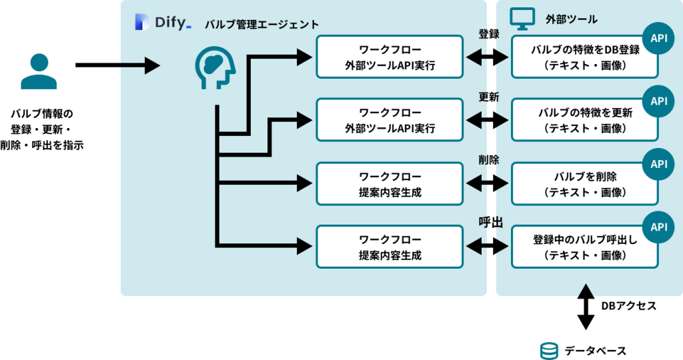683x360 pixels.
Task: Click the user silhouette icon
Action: click(x=39, y=71)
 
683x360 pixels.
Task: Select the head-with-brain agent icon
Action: click(x=215, y=67)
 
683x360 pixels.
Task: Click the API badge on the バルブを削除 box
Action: click(x=658, y=164)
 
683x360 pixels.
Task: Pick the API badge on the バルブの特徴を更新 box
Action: click(x=658, y=101)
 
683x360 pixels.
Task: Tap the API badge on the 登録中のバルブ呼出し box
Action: click(x=658, y=227)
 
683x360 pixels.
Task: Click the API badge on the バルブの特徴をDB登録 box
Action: click(x=658, y=38)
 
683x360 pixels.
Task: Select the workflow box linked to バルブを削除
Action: click(x=390, y=183)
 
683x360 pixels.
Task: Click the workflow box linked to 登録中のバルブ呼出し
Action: click(x=390, y=247)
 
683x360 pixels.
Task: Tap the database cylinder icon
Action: click(x=549, y=351)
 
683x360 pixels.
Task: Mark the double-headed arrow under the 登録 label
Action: click(x=487, y=58)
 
